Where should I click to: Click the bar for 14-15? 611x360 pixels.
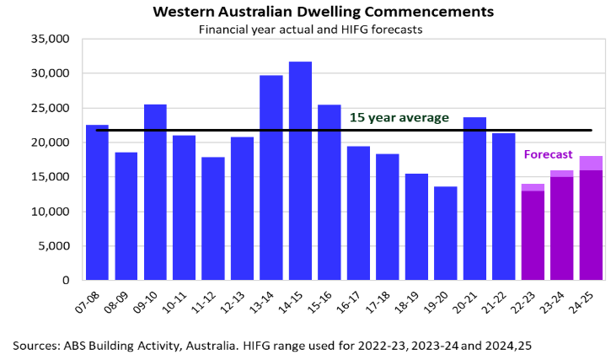click(x=300, y=171)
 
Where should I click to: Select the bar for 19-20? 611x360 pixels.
click(x=445, y=234)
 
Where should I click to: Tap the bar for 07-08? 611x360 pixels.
click(x=97, y=202)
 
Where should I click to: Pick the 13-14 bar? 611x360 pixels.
click(x=271, y=177)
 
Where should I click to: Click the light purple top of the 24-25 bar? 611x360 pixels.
click(x=591, y=163)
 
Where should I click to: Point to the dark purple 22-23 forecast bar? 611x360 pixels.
click(x=533, y=235)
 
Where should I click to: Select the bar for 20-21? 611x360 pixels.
click(x=474, y=198)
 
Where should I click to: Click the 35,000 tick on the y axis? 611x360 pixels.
click(x=51, y=39)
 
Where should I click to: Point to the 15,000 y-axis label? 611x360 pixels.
click(x=51, y=177)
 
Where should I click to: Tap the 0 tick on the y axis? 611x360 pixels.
click(x=66, y=280)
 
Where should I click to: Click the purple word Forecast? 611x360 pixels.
click(x=548, y=154)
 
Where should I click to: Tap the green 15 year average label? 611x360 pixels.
click(x=399, y=117)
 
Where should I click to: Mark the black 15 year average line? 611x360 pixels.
click(x=344, y=131)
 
